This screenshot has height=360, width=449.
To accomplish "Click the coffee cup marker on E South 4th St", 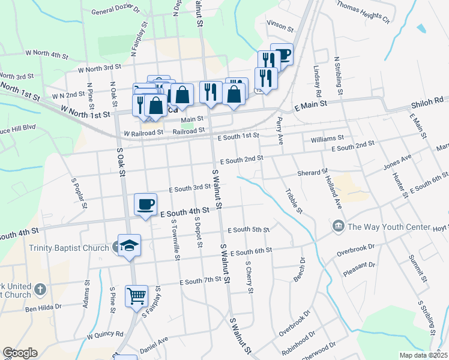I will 145,205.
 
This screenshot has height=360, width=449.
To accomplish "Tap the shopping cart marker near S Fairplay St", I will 137,296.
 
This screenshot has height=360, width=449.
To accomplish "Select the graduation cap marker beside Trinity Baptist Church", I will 129,245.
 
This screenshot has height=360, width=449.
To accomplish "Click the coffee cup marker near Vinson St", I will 282,55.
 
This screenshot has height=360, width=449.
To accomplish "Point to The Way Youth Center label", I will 389,227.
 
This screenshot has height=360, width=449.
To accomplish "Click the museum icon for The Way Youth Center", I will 337,227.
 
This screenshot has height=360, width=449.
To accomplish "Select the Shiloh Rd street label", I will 427,101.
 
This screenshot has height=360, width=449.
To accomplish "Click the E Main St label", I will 310,104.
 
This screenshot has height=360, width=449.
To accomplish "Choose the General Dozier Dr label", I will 115,11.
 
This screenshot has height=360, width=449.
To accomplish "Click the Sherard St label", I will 312,173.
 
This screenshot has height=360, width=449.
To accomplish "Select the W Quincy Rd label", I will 105,335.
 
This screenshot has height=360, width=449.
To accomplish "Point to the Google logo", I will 20,353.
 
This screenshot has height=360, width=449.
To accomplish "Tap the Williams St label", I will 327,139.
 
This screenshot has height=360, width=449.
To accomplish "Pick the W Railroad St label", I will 143,133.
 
